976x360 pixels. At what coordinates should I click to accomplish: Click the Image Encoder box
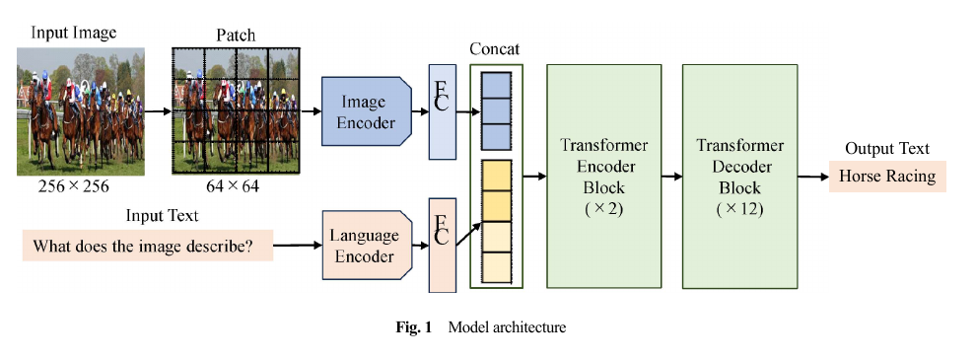click(366, 111)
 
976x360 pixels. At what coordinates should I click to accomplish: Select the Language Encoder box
click(367, 246)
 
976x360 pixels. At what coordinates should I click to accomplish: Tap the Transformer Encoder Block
click(603, 177)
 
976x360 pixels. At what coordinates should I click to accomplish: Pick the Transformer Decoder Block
click(739, 177)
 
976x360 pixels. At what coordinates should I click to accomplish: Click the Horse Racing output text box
click(887, 177)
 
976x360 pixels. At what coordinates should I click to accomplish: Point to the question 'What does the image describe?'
click(148, 246)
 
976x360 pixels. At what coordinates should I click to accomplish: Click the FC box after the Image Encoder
click(442, 111)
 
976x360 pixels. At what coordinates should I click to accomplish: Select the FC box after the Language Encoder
click(442, 246)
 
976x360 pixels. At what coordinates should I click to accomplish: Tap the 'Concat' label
click(494, 49)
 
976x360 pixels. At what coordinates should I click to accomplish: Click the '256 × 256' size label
click(75, 185)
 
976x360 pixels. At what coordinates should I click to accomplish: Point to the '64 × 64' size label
click(233, 185)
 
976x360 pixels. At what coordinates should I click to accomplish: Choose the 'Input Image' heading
click(74, 33)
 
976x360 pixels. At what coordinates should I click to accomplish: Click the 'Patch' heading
click(236, 36)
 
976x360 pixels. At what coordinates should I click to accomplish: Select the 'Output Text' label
click(887, 148)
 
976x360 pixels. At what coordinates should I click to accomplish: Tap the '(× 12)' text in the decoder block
click(739, 209)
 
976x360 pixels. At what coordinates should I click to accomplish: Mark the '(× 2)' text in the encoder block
click(603, 209)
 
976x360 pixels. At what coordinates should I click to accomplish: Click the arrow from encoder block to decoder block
click(672, 177)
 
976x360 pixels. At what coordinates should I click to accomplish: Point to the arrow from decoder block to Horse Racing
click(813, 177)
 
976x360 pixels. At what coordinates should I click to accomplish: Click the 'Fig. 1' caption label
click(413, 327)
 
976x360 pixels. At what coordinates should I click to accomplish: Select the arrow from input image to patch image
click(158, 111)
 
